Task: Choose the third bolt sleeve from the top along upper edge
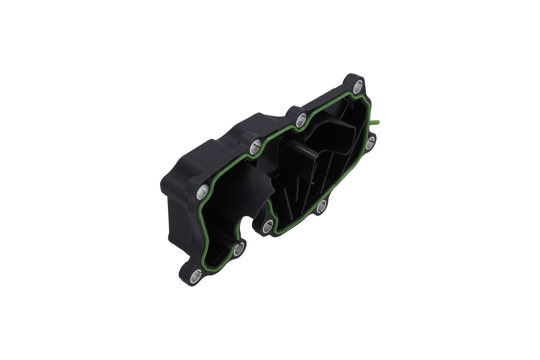(255, 147)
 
